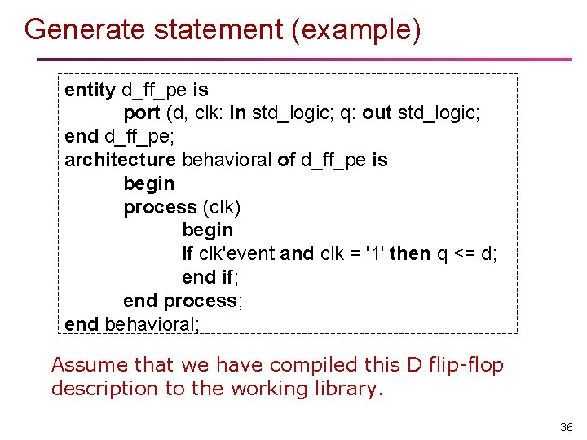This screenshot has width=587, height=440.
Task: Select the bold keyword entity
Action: point(90,89)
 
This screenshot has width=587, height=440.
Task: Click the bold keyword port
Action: point(142,112)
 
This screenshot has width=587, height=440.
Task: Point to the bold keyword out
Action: point(377,112)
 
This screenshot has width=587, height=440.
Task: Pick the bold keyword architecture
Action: point(120,160)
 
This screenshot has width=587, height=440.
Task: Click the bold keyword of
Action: point(286,160)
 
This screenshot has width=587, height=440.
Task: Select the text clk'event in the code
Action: point(236,253)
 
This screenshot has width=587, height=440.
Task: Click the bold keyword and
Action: point(297,253)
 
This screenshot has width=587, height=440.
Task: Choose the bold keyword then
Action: point(410,253)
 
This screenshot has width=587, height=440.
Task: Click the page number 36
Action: point(567,427)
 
